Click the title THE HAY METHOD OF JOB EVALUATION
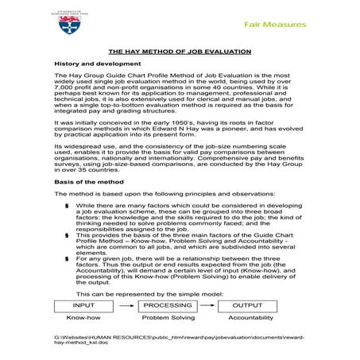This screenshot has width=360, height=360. click(179, 51)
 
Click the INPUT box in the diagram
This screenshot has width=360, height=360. click(83, 304)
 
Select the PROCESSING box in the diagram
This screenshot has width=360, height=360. click(167, 304)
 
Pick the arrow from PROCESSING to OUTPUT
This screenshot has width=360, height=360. click(208, 304)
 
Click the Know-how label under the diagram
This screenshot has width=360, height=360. click(83, 318)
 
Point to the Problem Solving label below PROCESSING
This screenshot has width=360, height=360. click(167, 318)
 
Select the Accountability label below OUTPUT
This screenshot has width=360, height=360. click(250, 318)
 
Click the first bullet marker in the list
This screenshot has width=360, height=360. click(68, 205)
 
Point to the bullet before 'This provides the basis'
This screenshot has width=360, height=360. click(68, 236)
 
